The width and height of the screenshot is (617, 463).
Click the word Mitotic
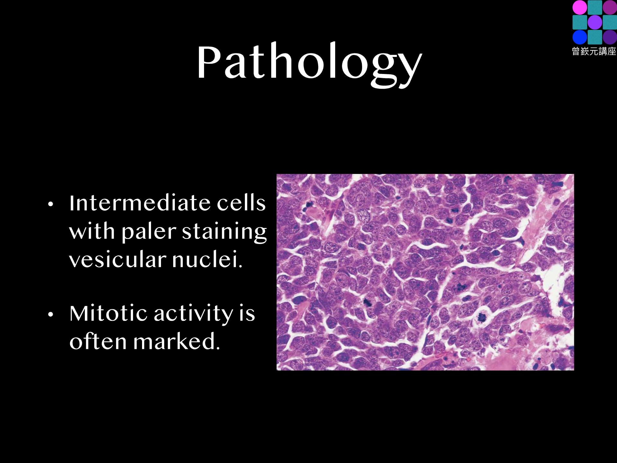click(x=109, y=313)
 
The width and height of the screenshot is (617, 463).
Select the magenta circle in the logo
click(x=580, y=7)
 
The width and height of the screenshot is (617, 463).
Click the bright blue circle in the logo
click(x=580, y=37)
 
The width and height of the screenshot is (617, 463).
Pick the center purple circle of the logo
click(x=595, y=22)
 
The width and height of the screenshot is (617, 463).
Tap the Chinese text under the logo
click(x=594, y=51)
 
